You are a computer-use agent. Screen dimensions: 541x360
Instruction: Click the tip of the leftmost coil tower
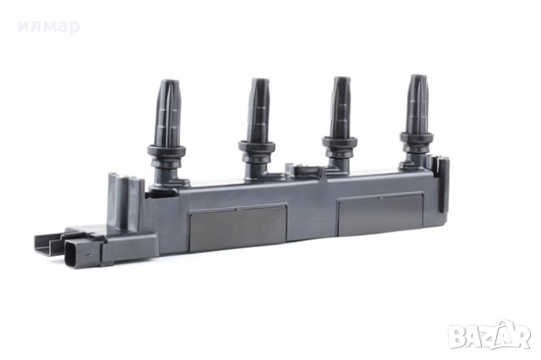click(169, 82)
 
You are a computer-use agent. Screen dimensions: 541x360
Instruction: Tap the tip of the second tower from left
click(260, 80)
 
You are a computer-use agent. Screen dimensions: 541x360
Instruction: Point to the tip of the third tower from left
click(341, 79)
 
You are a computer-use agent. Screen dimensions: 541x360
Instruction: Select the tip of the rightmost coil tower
click(418, 77)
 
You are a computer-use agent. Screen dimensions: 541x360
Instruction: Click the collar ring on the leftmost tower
click(167, 151)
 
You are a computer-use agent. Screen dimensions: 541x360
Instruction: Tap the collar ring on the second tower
click(257, 146)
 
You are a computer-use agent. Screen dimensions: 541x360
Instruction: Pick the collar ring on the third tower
click(340, 142)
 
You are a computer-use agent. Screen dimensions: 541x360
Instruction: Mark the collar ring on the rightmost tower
click(417, 138)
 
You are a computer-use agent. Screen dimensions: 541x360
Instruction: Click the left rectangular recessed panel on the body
click(238, 226)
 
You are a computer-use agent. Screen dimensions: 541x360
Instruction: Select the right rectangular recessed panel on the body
click(380, 215)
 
